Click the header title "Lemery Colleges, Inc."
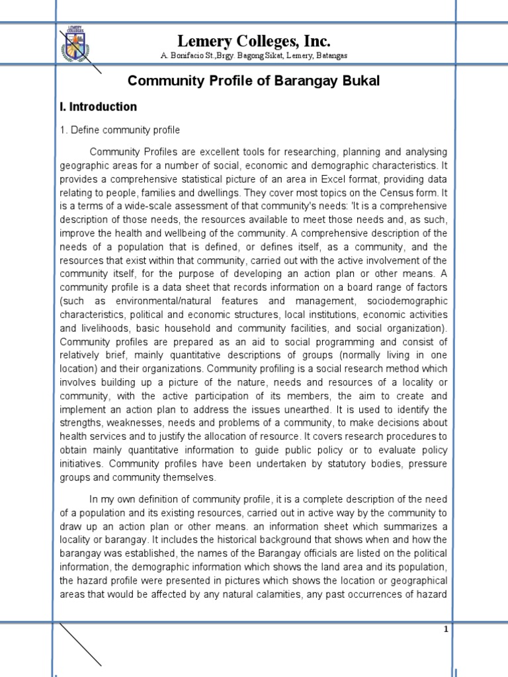pyautogui.click(x=254, y=41)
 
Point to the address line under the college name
pyautogui.click(x=254, y=56)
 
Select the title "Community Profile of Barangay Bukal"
pyautogui.click(x=254, y=81)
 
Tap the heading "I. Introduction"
pyautogui.click(x=98, y=106)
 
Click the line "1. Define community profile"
pyautogui.click(x=120, y=130)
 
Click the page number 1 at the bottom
pyautogui.click(x=446, y=630)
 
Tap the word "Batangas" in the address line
pyautogui.click(x=330, y=56)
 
